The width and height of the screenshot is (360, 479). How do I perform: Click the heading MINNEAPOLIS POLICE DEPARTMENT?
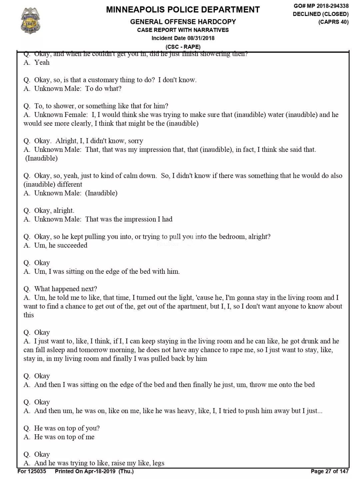[183, 10]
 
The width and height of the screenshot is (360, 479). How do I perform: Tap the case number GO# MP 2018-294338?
[321, 6]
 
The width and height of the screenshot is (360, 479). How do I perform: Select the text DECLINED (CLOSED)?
[321, 14]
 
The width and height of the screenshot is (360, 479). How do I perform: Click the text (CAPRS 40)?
[333, 22]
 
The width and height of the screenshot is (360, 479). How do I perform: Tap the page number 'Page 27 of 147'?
[330, 471]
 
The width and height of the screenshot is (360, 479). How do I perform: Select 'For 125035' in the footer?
[32, 471]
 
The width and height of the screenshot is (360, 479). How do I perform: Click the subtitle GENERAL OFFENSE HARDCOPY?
[183, 22]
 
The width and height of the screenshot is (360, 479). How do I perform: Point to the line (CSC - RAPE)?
[183, 47]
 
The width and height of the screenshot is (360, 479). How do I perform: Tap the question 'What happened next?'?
[66, 289]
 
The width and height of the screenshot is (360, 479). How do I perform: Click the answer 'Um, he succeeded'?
[61, 245]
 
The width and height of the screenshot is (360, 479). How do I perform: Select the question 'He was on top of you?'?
[67, 428]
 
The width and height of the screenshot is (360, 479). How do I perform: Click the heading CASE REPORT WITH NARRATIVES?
[183, 30]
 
